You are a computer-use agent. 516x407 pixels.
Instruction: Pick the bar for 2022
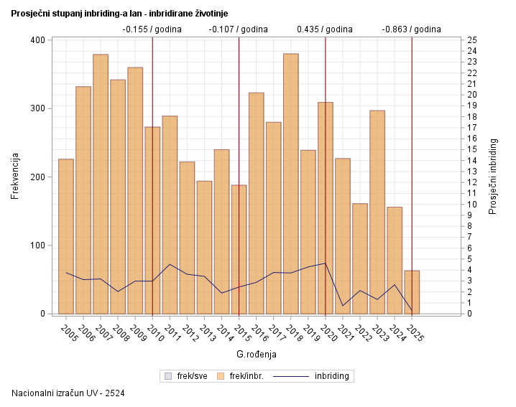click(x=360, y=258)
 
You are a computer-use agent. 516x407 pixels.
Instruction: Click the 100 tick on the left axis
click(x=36, y=245)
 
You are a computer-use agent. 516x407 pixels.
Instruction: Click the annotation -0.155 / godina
click(x=152, y=29)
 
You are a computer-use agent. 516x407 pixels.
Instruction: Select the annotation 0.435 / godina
click(x=325, y=29)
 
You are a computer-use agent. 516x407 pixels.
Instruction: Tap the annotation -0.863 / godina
click(x=411, y=29)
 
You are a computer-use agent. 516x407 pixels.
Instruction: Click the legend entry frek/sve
click(x=187, y=375)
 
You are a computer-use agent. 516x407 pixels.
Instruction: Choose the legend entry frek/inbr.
click(x=242, y=375)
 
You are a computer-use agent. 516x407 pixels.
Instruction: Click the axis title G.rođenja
click(x=257, y=355)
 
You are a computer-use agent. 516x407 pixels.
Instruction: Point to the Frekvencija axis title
click(x=15, y=176)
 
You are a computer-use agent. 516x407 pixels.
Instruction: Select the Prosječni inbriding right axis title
click(x=493, y=176)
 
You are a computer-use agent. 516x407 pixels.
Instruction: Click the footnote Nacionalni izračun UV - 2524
click(x=68, y=393)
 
